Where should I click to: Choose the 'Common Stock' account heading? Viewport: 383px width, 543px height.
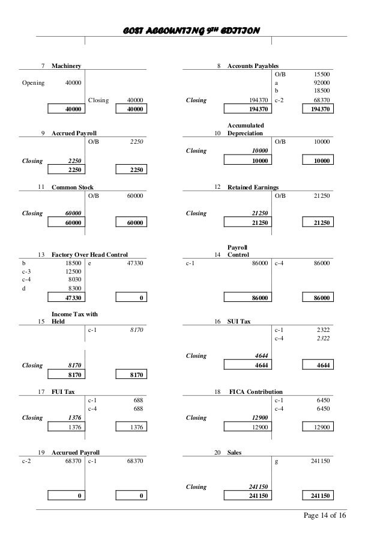point(73,188)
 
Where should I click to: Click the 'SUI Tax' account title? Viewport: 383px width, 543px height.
point(239,322)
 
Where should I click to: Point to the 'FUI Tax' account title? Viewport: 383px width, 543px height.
point(63,391)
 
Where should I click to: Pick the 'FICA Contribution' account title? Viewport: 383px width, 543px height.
point(257,391)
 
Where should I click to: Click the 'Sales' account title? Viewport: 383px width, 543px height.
point(235,452)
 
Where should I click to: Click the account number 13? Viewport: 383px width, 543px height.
point(42,255)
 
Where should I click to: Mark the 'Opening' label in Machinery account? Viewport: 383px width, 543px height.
point(33,82)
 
